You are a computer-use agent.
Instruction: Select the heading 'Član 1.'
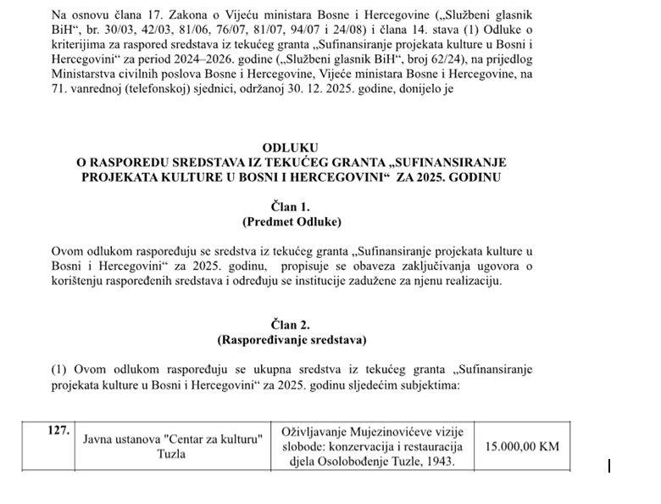point(291,206)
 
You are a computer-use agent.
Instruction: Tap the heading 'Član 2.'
point(291,325)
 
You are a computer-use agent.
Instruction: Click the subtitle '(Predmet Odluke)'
point(291,221)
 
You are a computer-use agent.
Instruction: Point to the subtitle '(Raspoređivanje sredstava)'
point(291,340)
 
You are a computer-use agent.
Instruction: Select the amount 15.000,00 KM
point(522,445)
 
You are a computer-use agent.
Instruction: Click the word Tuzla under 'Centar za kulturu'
point(172,454)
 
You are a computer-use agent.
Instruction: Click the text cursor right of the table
point(609,465)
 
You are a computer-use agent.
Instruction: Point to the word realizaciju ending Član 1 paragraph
point(472,281)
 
